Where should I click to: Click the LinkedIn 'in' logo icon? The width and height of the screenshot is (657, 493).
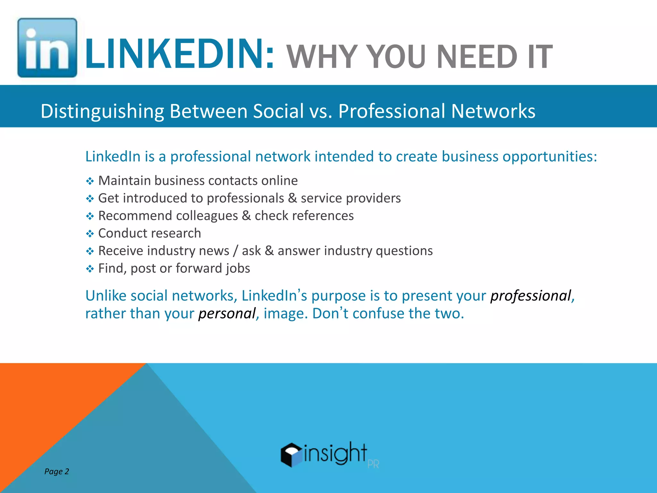[47, 48]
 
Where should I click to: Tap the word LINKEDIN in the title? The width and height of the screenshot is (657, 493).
[179, 54]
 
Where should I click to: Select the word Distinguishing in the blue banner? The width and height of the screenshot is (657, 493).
[102, 111]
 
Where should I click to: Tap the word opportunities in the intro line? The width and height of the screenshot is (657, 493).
[549, 157]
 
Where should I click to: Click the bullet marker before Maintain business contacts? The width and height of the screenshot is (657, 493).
[90, 181]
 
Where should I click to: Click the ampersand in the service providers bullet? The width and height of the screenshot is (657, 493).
[292, 198]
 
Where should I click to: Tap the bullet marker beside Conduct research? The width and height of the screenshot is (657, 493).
[90, 234]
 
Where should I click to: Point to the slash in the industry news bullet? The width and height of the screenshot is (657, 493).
[235, 251]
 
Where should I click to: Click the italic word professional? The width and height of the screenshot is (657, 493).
[531, 296]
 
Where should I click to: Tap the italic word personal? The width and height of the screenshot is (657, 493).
[227, 314]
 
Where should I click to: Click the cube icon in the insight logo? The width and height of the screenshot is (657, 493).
[291, 454]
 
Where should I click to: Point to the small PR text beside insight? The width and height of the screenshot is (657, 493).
[373, 464]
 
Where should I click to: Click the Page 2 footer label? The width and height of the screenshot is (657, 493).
[56, 471]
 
